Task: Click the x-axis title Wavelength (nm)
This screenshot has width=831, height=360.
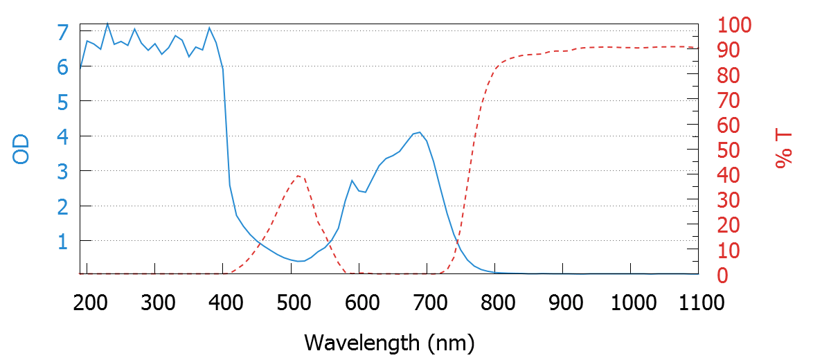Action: (x=388, y=342)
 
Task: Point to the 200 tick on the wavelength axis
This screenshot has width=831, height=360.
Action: (x=89, y=303)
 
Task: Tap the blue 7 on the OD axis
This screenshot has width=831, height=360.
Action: (x=63, y=32)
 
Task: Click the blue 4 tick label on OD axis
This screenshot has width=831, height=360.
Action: (x=63, y=136)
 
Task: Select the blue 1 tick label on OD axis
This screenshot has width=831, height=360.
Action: (x=63, y=241)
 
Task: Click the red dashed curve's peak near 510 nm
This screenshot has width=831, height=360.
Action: (x=298, y=175)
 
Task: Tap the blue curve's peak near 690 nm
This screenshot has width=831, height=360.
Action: (x=420, y=132)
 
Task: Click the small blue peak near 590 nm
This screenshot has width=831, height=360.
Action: (x=352, y=181)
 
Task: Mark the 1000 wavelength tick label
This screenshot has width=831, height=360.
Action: (x=631, y=303)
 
